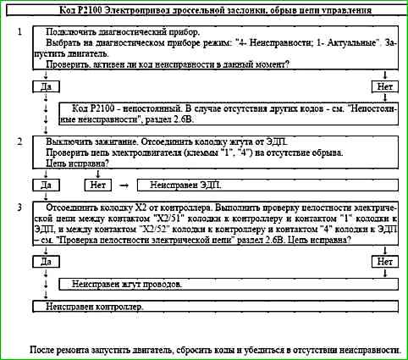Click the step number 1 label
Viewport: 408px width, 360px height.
(19, 30)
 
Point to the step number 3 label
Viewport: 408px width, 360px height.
(19, 207)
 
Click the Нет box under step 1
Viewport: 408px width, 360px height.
(385, 86)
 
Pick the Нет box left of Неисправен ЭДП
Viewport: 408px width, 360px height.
(97, 183)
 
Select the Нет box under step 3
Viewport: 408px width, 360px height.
(385, 262)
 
